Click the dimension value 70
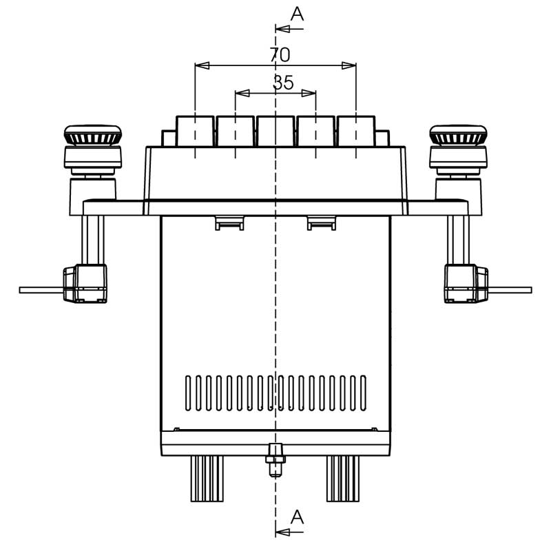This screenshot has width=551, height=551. tap(280, 54)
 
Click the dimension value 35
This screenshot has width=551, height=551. tap(283, 83)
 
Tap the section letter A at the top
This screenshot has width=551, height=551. tap(297, 14)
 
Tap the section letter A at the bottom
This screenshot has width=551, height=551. tap(297, 517)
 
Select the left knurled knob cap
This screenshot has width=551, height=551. tap(92, 135)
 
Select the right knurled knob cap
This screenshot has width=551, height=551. tap(458, 135)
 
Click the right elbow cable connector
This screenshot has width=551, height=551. tap(466, 284)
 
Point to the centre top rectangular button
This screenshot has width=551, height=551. tap(275, 131)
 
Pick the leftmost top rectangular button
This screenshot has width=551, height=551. tap(196, 131)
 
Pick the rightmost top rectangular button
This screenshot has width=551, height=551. tap(356, 131)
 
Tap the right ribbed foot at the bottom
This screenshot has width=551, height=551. tap(342, 478)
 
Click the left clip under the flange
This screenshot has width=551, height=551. tap(229, 222)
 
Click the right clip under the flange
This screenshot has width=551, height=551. tap(322, 222)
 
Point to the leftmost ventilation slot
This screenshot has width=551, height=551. tap(188, 393)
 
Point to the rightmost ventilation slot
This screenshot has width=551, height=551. tap(363, 393)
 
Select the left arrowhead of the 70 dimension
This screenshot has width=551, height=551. tap(200, 65)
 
